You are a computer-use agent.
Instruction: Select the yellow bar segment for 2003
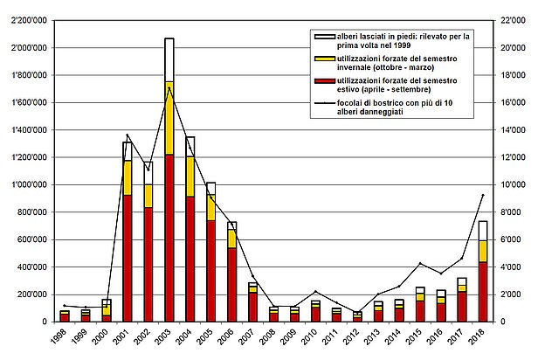[169, 118]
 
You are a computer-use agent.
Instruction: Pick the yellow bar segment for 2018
[483, 251]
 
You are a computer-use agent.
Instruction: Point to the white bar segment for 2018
[483, 230]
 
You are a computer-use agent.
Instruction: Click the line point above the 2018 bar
[483, 195]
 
